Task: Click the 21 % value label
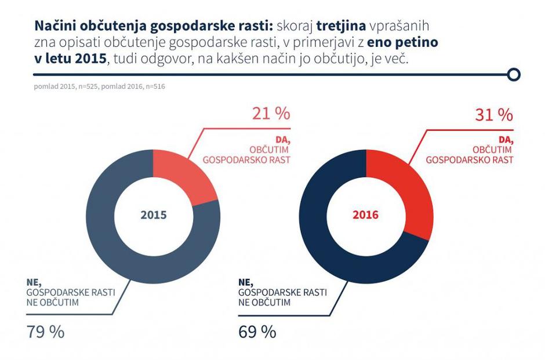pos(271,114)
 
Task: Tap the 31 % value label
pos(494,115)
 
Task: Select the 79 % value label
pos(45,332)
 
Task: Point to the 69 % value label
pos(257,332)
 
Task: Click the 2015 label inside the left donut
pos(153,215)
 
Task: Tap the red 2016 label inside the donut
pos(365,215)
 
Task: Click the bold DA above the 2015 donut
pos(284,141)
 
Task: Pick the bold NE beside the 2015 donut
pos(33,282)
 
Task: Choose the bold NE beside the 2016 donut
pos(245,282)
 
